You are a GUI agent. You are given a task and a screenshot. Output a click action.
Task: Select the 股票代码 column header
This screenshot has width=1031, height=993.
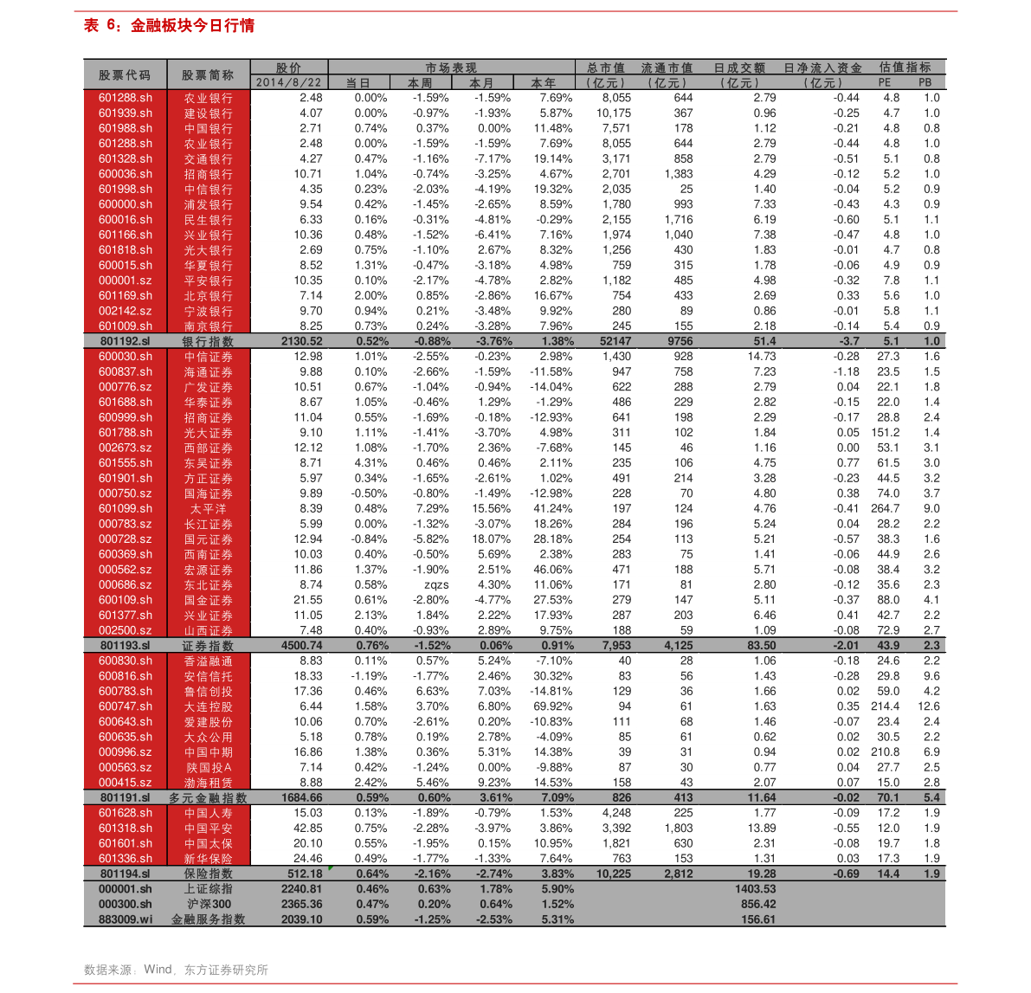coord(125,75)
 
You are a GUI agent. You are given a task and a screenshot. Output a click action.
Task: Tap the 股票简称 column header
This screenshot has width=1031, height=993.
coord(208,75)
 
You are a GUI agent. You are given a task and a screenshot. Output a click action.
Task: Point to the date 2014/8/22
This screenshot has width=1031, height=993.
coord(289,83)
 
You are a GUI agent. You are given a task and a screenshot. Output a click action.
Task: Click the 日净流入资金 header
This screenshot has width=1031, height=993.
coord(822,68)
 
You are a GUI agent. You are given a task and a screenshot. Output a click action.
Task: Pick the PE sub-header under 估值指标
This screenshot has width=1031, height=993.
coord(884,83)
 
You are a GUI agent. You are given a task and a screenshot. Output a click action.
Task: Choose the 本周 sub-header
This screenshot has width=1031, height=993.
coord(420,83)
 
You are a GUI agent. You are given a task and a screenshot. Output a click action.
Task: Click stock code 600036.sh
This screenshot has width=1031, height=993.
coord(125,174)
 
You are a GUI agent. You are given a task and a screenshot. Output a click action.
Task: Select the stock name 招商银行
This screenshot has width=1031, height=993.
coord(208,174)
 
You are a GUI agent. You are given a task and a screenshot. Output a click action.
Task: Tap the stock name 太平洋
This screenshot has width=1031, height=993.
coord(208,509)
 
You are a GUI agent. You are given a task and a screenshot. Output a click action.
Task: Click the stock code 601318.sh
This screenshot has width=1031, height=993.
coord(125,829)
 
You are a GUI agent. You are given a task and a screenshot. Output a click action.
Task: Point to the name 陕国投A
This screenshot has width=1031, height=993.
coord(208,768)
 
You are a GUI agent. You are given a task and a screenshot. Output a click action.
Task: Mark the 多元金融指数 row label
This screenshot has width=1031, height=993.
coord(208,798)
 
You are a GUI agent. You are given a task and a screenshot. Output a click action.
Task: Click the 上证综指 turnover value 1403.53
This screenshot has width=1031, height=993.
coord(755,889)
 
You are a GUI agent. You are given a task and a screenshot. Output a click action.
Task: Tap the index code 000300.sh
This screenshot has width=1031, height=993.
coord(125,905)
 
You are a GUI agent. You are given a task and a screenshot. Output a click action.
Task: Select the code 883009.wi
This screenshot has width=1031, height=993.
coord(125,919)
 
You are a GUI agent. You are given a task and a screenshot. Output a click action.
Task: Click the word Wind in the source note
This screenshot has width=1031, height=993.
coord(158,970)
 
